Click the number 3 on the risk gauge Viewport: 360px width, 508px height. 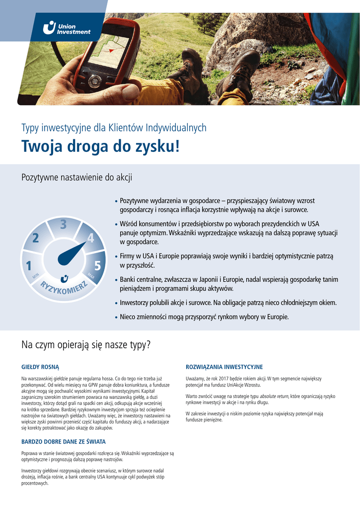(x=63, y=225)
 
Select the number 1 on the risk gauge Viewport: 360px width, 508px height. (x=29, y=265)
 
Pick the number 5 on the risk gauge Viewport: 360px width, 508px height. (x=97, y=266)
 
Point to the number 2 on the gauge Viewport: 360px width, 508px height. (x=35, y=238)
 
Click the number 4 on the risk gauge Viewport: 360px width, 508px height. (x=90, y=238)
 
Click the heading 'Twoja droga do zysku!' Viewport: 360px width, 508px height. (x=100, y=147)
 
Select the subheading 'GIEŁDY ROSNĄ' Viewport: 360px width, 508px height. (x=40, y=367)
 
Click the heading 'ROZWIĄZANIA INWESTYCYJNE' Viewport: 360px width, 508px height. (x=224, y=367)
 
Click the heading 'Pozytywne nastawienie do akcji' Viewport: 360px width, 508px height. (x=76, y=177)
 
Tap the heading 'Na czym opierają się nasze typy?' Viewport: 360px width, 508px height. (x=85, y=344)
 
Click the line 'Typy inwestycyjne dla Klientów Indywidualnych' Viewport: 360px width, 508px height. (x=114, y=128)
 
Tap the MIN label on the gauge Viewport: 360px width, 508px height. (x=36, y=276)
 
